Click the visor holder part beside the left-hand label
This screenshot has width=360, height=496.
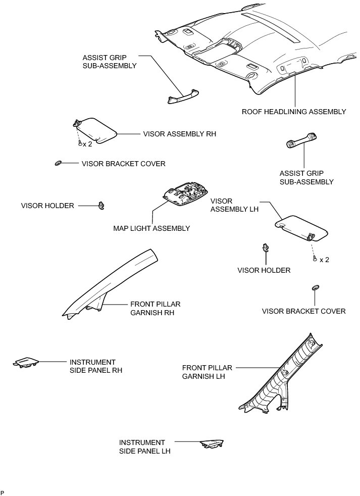(x=101, y=205)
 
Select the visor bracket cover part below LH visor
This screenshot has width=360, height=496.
(x=316, y=287)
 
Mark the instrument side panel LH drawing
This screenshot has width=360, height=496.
(x=213, y=443)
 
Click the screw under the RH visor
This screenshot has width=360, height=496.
(x=80, y=143)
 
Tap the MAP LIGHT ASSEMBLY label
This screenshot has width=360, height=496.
(x=151, y=228)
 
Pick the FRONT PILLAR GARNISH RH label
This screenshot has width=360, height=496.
(x=155, y=308)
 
